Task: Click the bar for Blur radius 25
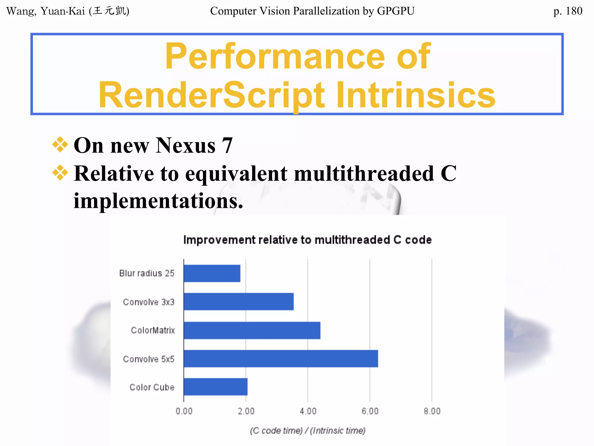coord(212,273)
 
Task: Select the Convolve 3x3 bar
coord(239,301)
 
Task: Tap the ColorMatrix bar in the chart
coord(252,330)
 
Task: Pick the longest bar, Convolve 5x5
coord(281,359)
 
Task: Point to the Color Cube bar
coord(215,387)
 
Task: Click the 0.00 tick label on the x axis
coord(184,411)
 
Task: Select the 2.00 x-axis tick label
coord(246,411)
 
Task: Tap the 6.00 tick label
coord(370,411)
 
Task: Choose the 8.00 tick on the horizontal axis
coord(432,411)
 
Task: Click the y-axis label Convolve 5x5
coord(149,359)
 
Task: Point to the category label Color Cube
coord(152,387)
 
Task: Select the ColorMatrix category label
coord(153,330)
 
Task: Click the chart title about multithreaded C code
coord(307,240)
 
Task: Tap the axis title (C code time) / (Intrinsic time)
coord(307,430)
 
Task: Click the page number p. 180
coord(568,11)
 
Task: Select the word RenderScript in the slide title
coord(212,95)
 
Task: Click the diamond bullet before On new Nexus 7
coord(60,144)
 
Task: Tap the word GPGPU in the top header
coord(396,11)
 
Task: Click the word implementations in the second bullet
coord(158,201)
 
